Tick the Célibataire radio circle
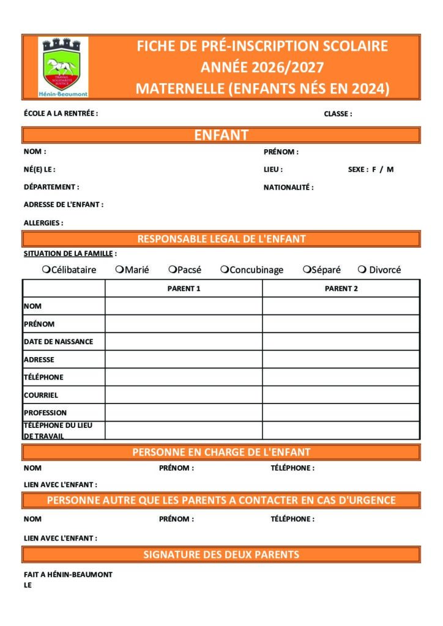[x=46, y=270]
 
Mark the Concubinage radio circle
[x=225, y=270]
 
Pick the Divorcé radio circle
[x=362, y=270]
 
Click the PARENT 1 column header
[x=184, y=289]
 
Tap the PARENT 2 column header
[x=341, y=289]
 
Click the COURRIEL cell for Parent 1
[x=184, y=395]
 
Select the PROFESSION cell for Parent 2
[x=341, y=413]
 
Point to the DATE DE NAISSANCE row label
[x=58, y=342]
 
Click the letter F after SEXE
[x=374, y=169]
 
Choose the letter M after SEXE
[x=390, y=169]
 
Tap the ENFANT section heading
[x=221, y=135]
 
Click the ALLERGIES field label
[x=43, y=223]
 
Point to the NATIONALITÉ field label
[x=288, y=188]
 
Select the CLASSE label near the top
[x=338, y=114]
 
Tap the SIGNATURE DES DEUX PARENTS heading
[x=221, y=555]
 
